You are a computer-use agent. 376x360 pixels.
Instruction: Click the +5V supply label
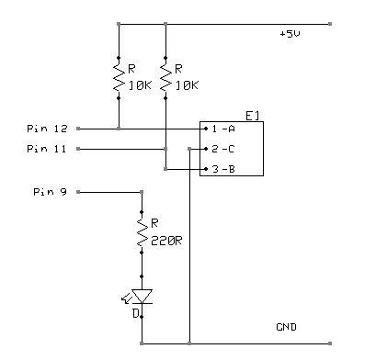[291, 34]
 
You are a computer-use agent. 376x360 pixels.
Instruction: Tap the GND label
[286, 328]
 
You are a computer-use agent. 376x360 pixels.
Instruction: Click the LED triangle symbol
[142, 296]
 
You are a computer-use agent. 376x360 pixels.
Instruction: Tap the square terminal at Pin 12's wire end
[78, 128]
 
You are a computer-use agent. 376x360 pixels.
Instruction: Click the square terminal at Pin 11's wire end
[78, 148]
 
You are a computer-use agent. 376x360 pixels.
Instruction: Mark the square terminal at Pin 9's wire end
[78, 192]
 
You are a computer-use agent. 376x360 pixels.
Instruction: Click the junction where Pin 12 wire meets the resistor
[119, 128]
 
